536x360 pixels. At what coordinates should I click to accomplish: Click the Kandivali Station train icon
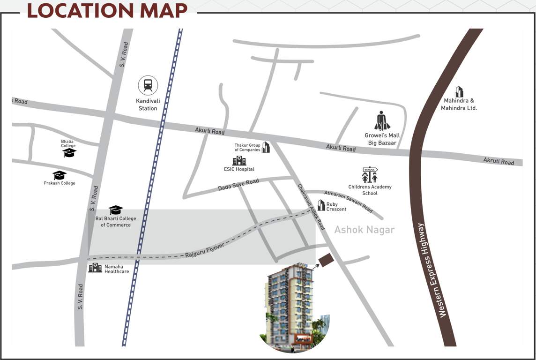[148, 85]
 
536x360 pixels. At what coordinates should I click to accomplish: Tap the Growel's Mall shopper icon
[382, 121]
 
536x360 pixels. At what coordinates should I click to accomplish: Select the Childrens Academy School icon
[370, 175]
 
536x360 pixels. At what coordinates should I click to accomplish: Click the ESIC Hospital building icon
[239, 161]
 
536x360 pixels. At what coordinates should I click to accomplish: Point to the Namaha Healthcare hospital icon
[95, 268]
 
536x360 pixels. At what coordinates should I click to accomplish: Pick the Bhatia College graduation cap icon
[69, 153]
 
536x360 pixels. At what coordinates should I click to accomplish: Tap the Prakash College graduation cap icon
[60, 175]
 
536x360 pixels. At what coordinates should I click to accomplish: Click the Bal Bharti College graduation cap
[116, 210]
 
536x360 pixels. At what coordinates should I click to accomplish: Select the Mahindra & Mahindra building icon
[459, 92]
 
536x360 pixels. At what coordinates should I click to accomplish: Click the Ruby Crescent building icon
[321, 205]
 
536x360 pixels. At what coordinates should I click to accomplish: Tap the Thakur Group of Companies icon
[266, 147]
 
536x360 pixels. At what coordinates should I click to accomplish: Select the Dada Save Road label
[238, 185]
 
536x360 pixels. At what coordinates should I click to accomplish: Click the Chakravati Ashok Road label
[311, 206]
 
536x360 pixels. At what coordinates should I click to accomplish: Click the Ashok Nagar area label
[364, 230]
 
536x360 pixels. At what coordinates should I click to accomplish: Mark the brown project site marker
[325, 260]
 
